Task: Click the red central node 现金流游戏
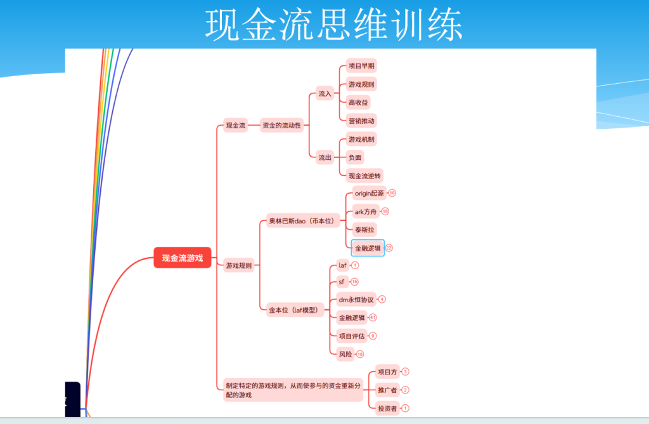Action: (182, 258)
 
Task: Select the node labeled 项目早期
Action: (362, 66)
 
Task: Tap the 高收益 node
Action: (358, 102)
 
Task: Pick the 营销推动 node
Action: (362, 121)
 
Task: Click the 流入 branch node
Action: (324, 94)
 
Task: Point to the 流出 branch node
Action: (324, 157)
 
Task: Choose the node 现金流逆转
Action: (366, 175)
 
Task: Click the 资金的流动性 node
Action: (281, 126)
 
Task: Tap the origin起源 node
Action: (369, 193)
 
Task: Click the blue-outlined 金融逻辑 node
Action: (368, 248)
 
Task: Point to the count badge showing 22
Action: (389, 248)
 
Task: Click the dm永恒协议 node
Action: (356, 300)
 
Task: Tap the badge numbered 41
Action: (373, 317)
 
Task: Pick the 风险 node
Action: (345, 354)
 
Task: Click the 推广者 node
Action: (387, 390)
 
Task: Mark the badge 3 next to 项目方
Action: (406, 372)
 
